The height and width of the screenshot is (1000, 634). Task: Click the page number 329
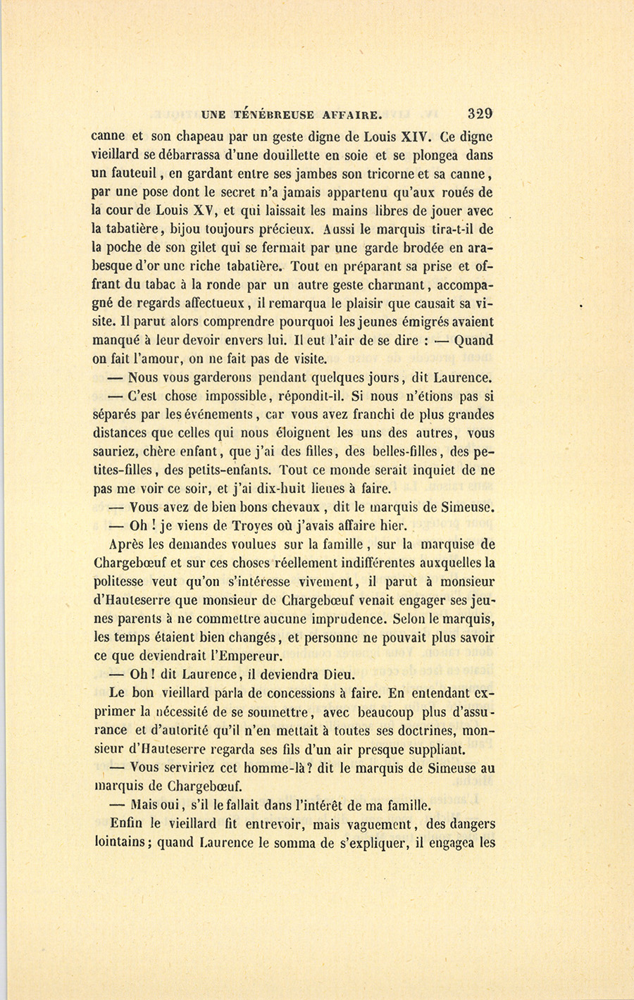[479, 114]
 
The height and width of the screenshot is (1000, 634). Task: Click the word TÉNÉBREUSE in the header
[271, 115]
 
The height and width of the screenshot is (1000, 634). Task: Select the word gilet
[213, 247]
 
